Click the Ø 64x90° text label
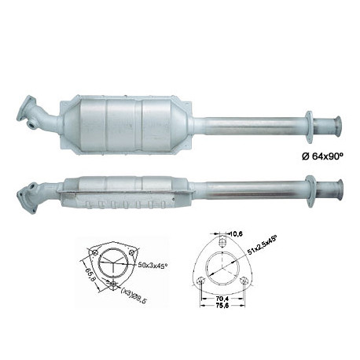pos(322,156)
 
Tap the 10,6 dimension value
pos(237,233)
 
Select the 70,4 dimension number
pos(222,299)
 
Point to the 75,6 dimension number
pos(222,305)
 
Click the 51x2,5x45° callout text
pos(262,245)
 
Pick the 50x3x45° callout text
pos(152,266)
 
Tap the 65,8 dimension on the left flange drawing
pos(90,274)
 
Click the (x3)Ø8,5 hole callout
pos(134,295)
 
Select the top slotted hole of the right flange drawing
pos(222,242)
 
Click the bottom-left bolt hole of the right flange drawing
pos(200,281)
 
